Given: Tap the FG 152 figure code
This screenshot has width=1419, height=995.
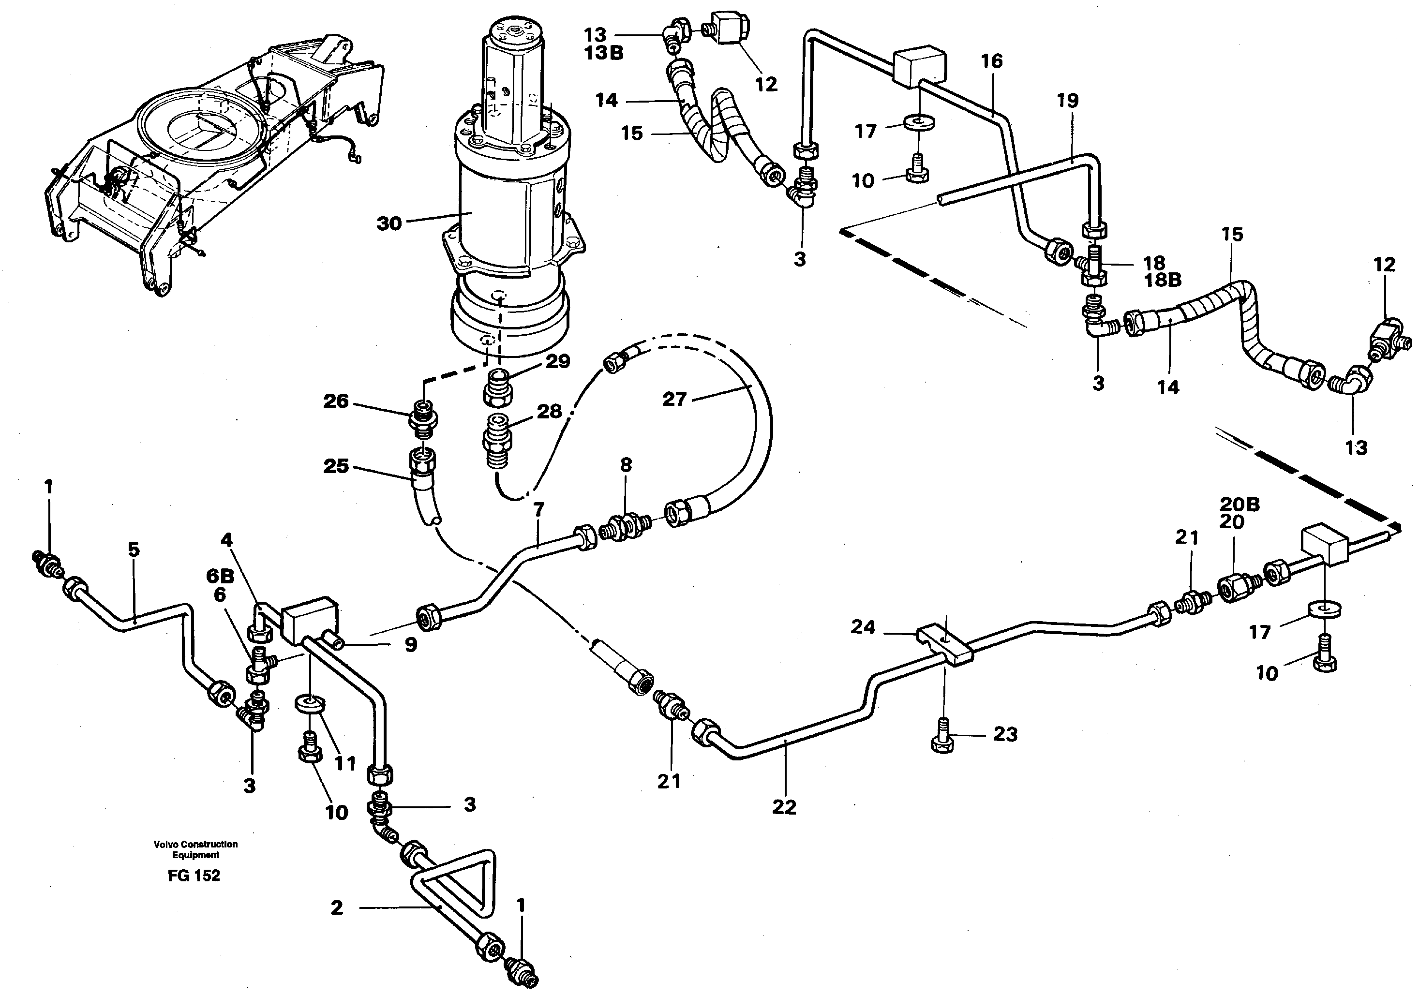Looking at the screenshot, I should coord(194,876).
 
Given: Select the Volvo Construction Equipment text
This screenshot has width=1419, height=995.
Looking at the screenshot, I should coord(195,849).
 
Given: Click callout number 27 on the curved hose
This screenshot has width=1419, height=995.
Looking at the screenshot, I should coord(674,399).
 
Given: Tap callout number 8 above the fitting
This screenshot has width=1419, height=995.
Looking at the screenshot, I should coord(626,465).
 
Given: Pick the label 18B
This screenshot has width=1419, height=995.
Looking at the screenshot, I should coord(1163,280).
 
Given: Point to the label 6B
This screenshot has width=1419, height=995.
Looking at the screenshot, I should coord(220,576).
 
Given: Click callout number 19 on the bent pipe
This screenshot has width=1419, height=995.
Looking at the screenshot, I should coord(1067,100).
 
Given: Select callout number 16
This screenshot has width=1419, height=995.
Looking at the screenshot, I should coord(991,60).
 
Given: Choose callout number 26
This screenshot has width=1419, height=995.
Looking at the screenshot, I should coord(336,401).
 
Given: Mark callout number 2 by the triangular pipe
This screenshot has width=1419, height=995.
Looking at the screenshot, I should coord(336,908).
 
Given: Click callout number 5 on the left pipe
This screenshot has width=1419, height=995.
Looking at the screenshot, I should coord(134,549).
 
